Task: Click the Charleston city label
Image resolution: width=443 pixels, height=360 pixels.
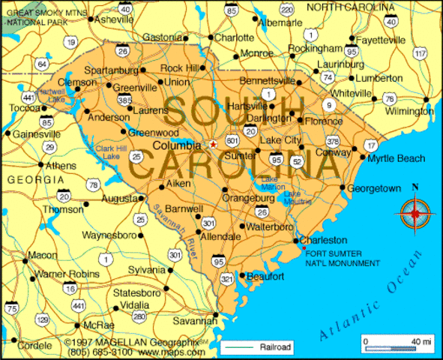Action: point(323,241)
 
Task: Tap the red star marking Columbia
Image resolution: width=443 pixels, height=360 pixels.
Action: point(213,143)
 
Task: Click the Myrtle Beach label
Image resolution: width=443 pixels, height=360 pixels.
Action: point(396,158)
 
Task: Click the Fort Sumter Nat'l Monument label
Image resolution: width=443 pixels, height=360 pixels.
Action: point(340,258)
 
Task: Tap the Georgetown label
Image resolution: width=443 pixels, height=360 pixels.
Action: point(374,188)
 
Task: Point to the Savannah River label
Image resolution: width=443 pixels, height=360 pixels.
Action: point(172,229)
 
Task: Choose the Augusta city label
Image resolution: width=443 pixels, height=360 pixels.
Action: point(119,199)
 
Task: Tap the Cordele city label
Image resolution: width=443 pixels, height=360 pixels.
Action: point(31,346)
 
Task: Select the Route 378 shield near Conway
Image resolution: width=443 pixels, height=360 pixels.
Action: point(333,142)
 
